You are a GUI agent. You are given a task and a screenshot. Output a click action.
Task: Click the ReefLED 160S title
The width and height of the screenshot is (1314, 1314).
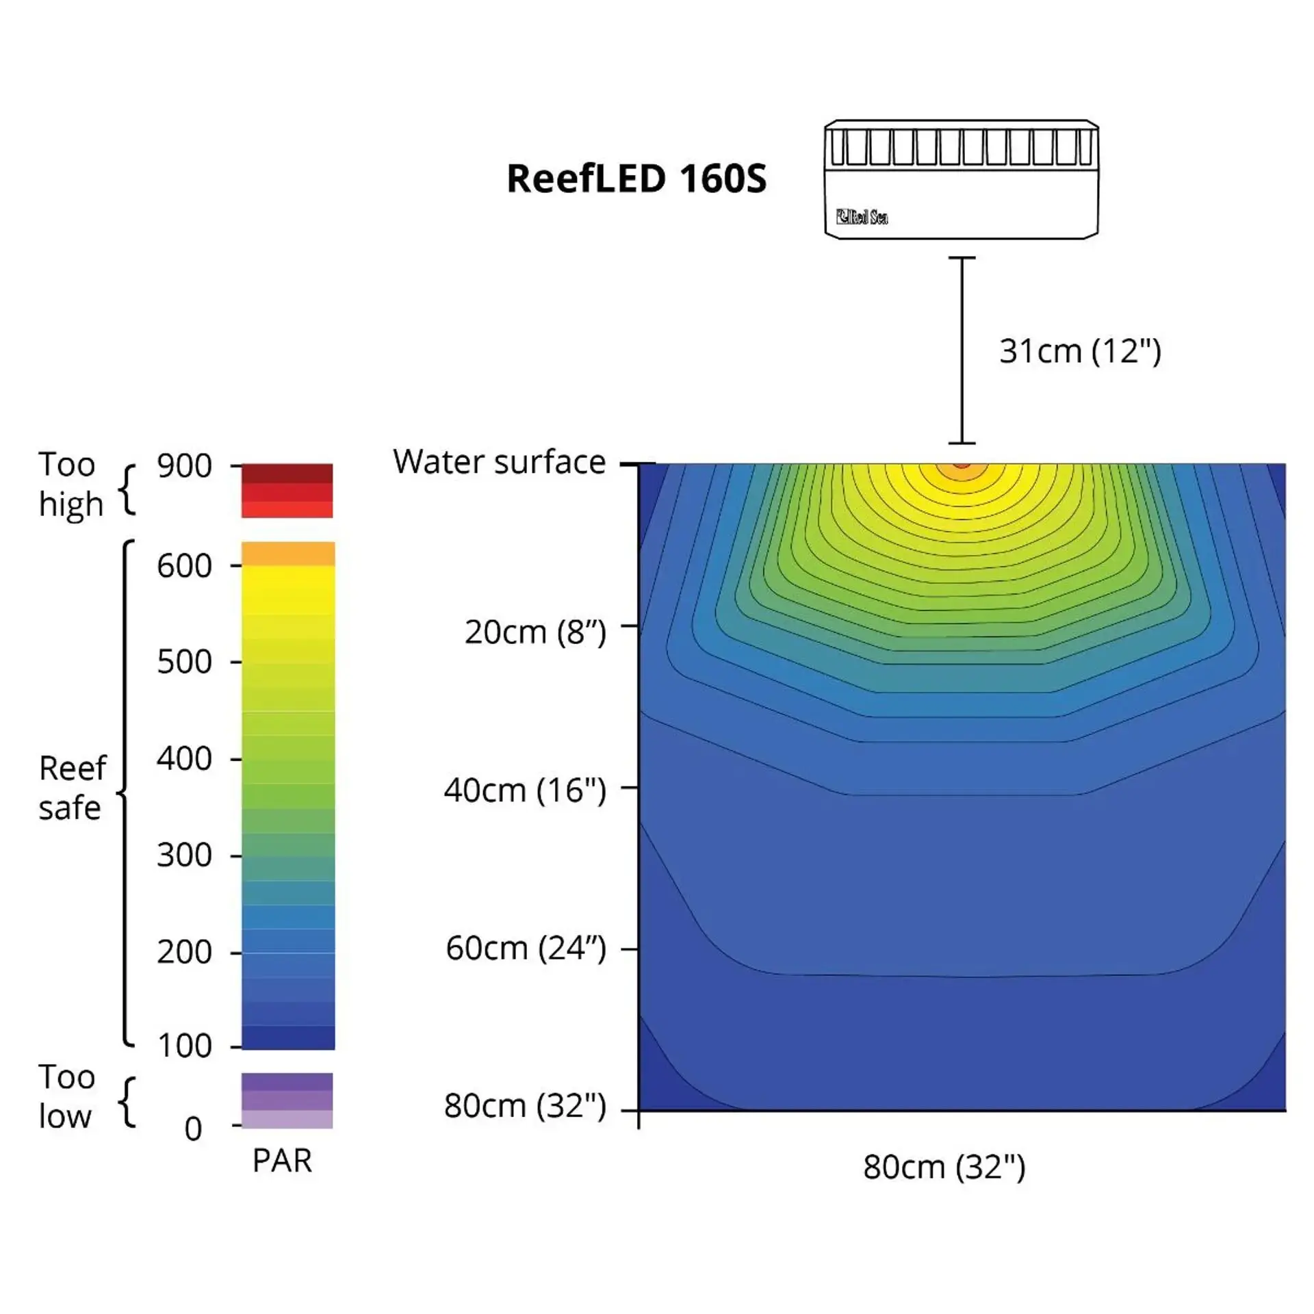pyautogui.click(x=636, y=179)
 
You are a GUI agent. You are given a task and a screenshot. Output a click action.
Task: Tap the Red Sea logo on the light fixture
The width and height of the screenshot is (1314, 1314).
pyautogui.click(x=862, y=217)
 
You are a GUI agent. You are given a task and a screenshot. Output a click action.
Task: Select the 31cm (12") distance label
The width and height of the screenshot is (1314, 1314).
pyautogui.click(x=1080, y=351)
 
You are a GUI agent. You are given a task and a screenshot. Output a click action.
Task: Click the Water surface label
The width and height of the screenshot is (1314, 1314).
pyautogui.click(x=499, y=462)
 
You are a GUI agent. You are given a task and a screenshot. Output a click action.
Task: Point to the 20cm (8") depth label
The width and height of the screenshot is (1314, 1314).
pyautogui.click(x=535, y=632)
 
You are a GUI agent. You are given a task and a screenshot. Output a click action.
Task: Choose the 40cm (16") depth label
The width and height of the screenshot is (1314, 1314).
pyautogui.click(x=525, y=790)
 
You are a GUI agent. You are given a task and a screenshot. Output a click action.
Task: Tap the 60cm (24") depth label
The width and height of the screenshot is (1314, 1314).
pyautogui.click(x=526, y=949)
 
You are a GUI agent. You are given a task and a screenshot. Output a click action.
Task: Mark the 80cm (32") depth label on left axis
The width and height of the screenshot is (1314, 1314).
pyautogui.click(x=525, y=1106)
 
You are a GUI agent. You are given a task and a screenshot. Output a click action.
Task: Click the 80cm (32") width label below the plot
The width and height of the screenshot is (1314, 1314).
pyautogui.click(x=944, y=1167)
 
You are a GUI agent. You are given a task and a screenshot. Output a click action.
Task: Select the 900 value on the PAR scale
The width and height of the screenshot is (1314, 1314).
pyautogui.click(x=184, y=466)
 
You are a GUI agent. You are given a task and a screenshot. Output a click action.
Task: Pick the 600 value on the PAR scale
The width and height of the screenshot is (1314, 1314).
pyautogui.click(x=184, y=566)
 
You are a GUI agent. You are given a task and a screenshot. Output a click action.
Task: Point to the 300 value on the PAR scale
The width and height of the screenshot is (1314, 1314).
pyautogui.click(x=184, y=855)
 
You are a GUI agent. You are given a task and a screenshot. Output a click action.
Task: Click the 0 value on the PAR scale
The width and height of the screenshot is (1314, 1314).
pyautogui.click(x=194, y=1129)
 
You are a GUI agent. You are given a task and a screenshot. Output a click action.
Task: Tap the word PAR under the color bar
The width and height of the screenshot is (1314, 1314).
pyautogui.click(x=282, y=1161)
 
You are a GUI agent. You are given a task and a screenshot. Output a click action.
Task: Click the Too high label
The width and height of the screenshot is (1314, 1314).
pyautogui.click(x=70, y=484)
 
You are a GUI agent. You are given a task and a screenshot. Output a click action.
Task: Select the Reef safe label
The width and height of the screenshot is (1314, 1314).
pyautogui.click(x=72, y=788)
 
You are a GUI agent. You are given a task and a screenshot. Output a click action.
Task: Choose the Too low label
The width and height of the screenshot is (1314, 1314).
pyautogui.click(x=66, y=1096)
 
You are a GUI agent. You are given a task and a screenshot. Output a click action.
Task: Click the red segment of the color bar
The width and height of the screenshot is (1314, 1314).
pyautogui.click(x=287, y=491)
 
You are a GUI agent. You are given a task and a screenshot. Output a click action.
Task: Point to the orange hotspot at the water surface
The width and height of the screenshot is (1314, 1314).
pyautogui.click(x=962, y=468)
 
